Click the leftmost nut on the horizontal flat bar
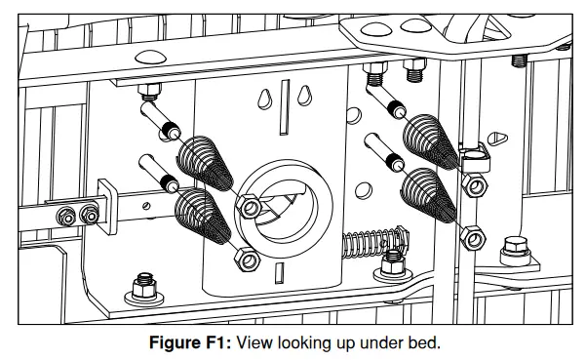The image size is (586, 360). tap(67, 215)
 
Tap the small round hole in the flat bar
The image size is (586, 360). tap(146, 205)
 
